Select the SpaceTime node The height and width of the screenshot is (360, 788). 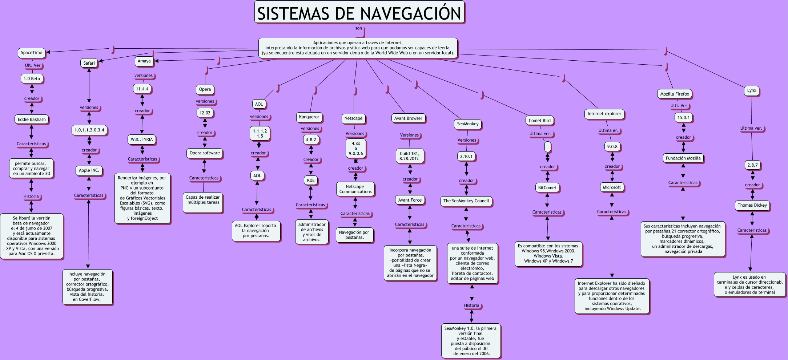point(32,53)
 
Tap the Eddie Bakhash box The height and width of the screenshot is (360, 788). point(32,119)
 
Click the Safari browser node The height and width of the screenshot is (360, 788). point(89,63)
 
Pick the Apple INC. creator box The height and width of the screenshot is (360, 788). point(89,170)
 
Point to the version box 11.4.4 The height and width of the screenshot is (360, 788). point(142,89)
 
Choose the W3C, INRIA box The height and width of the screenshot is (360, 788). point(142,139)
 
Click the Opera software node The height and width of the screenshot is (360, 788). point(205,153)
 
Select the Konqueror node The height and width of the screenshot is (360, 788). point(309,117)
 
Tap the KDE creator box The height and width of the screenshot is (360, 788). point(311,180)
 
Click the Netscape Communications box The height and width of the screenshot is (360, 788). point(355,189)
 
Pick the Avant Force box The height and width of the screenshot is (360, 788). point(410,200)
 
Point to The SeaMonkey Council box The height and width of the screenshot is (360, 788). point(466,201)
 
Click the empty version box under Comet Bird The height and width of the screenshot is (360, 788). point(548,147)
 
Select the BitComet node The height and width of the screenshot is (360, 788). point(547,188)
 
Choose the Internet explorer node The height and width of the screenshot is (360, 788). point(604,114)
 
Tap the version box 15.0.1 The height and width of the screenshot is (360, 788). point(683,118)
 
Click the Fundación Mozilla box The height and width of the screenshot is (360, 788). point(683,158)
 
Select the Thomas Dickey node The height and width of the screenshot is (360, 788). point(752,205)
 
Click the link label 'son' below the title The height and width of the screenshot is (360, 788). point(359,28)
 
